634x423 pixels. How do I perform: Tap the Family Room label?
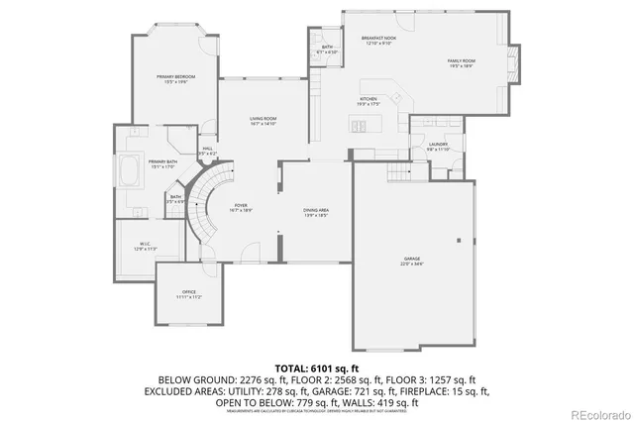click(463, 61)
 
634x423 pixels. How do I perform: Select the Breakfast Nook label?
click(378, 39)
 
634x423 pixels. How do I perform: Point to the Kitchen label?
click(368, 100)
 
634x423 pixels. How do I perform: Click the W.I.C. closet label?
click(145, 247)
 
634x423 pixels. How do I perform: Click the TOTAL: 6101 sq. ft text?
click(316, 368)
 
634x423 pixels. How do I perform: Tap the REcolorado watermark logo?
click(592, 411)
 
